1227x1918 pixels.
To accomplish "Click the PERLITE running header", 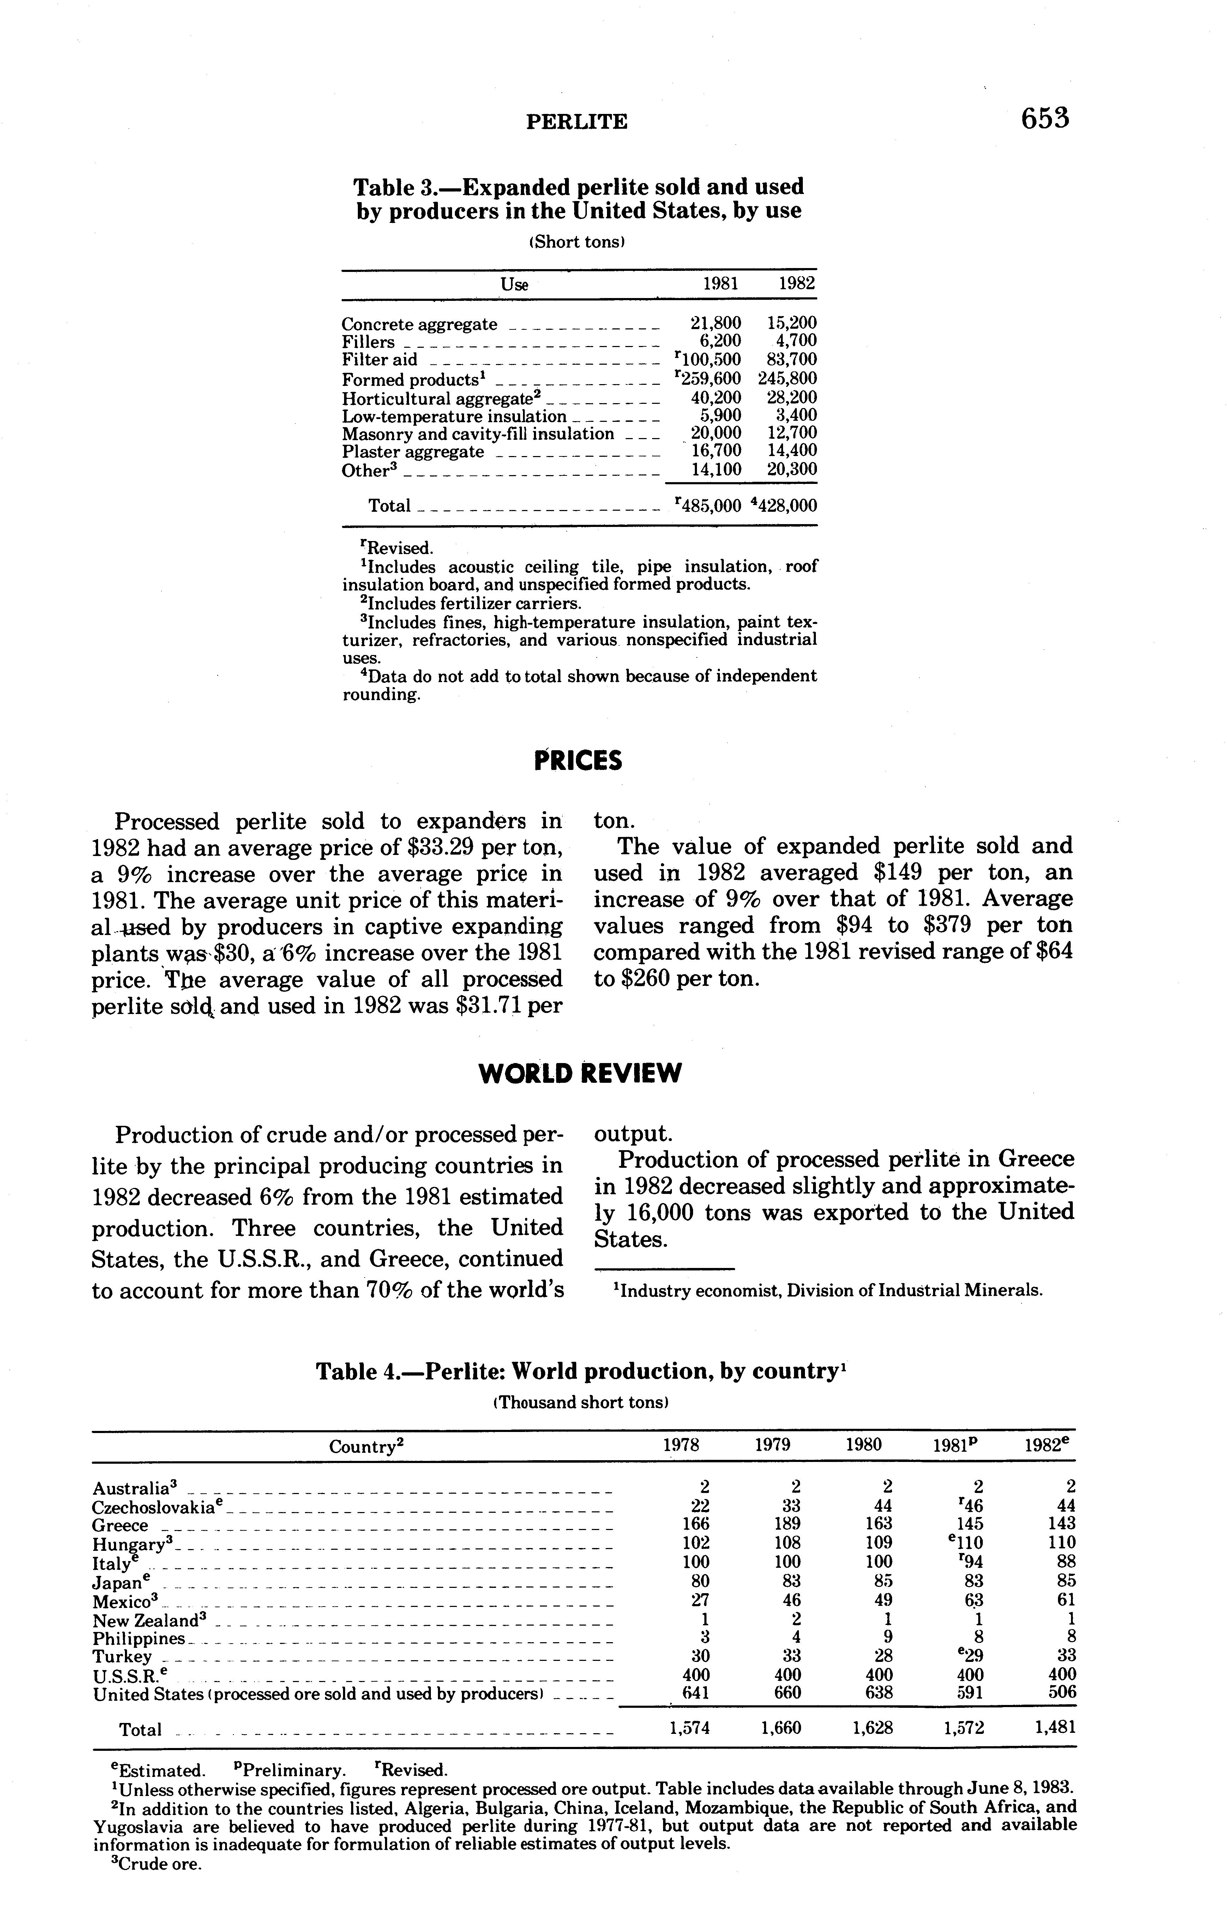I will point(577,122).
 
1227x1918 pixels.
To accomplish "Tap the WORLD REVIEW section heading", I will point(579,1074).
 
